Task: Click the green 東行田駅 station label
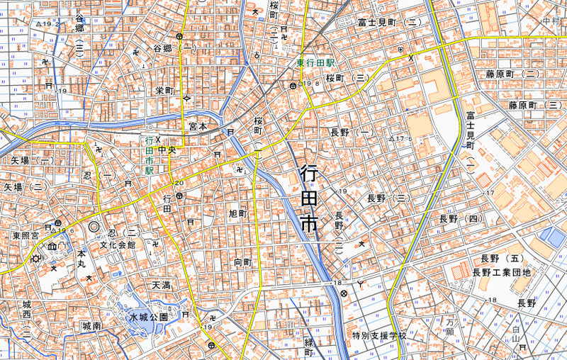pyautogui.click(x=315, y=63)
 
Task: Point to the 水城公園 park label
pyautogui.click(x=148, y=317)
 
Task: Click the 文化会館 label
pyautogui.click(x=117, y=244)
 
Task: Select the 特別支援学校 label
pyautogui.click(x=379, y=334)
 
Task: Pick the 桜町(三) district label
pyautogui.click(x=349, y=77)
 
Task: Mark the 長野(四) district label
pyautogui.click(x=460, y=218)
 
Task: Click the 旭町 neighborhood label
pyautogui.click(x=237, y=213)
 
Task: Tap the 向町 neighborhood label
pyautogui.click(x=242, y=262)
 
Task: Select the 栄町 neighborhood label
pyautogui.click(x=164, y=91)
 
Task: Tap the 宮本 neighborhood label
pyautogui.click(x=198, y=126)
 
